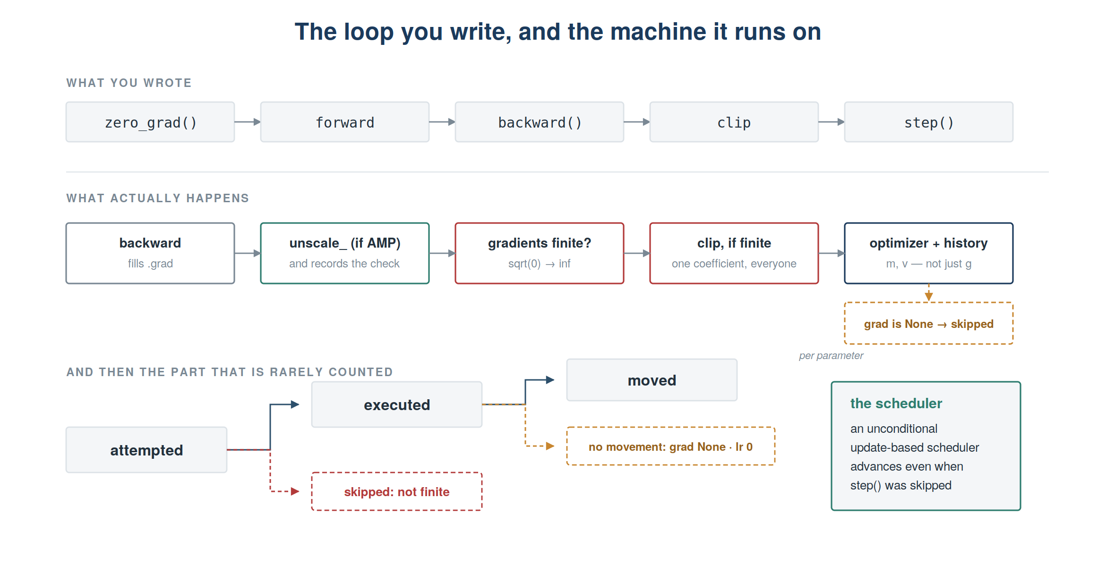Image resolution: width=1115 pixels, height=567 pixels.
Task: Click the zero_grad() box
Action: pos(150,122)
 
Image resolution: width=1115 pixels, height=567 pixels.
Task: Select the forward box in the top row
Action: pos(345,122)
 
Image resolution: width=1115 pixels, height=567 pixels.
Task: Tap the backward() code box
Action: pos(540,122)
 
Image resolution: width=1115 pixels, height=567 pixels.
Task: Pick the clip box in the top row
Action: pos(734,122)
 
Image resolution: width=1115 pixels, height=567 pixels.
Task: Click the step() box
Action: pos(929,122)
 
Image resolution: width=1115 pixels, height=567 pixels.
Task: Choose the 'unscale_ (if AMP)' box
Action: pos(345,253)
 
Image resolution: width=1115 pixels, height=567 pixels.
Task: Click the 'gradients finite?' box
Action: pos(540,253)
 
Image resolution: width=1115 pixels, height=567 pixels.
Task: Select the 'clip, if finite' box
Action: pos(734,253)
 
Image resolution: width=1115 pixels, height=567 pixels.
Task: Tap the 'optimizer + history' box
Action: pos(929,253)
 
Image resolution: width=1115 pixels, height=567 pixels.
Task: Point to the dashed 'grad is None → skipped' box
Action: pos(929,323)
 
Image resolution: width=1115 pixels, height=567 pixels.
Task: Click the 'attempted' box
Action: pos(146,450)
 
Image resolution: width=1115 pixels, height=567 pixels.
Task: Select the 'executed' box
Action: pos(397,404)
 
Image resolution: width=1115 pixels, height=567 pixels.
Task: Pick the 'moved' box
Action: pos(652,380)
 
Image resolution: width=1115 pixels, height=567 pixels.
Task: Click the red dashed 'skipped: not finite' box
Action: pos(397,491)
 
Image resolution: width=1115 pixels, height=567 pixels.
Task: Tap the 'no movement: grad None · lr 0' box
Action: pos(671,446)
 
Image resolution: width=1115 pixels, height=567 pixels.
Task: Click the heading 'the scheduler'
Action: pos(896,403)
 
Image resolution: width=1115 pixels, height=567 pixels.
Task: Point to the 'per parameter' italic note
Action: pos(831,355)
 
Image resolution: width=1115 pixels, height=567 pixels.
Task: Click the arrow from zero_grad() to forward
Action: pos(248,122)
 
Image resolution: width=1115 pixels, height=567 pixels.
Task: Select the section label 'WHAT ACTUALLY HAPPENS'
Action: pos(157,198)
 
